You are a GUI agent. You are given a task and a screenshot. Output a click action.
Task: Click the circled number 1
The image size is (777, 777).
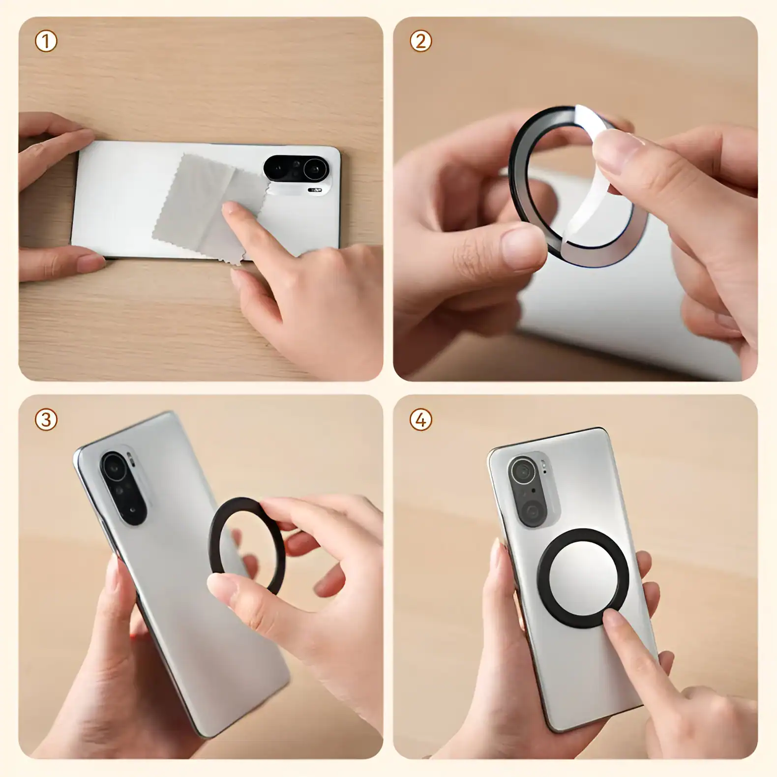click(46, 42)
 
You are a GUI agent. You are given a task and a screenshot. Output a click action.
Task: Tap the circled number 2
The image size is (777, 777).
click(420, 42)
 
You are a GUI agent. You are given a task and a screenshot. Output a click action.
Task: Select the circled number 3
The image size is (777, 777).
click(46, 420)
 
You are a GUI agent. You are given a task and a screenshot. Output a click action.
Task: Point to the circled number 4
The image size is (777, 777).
click(420, 420)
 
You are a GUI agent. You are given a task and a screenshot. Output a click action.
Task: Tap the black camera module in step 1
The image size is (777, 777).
click(295, 169)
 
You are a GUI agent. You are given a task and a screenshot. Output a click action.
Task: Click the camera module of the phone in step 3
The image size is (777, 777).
click(123, 487)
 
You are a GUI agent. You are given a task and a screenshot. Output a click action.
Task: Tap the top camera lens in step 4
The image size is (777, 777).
click(522, 472)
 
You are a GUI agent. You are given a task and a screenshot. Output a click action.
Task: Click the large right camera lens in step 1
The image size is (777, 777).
click(315, 170)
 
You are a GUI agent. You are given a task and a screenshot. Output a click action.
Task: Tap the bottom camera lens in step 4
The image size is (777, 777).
click(532, 512)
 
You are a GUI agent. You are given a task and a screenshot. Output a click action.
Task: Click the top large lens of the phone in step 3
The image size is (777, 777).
click(114, 467)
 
